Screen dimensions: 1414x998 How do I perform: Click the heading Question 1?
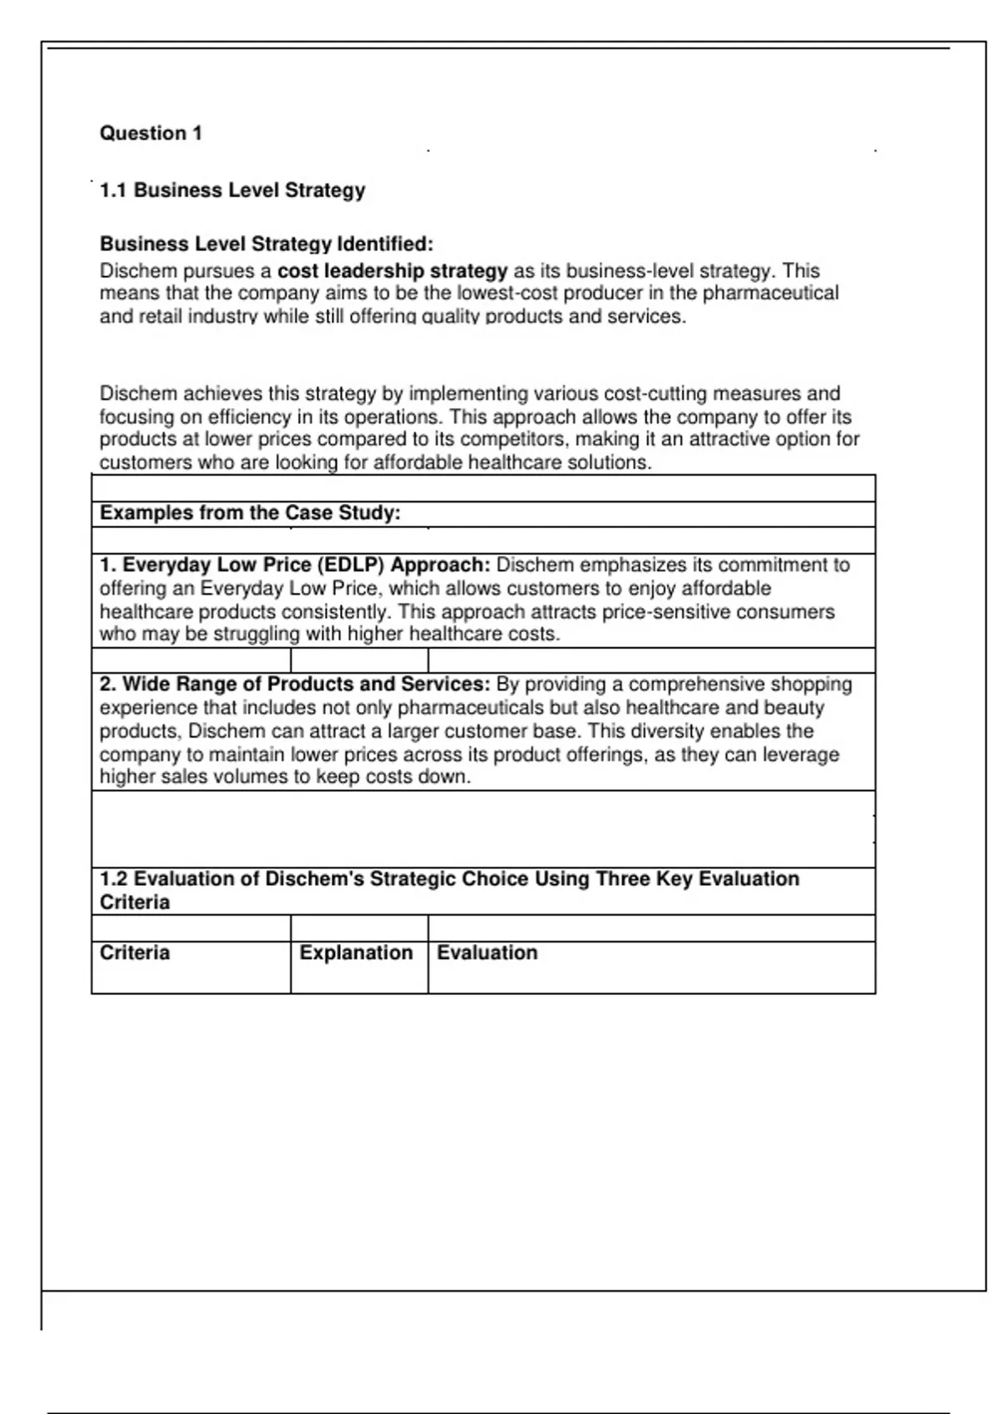point(151,133)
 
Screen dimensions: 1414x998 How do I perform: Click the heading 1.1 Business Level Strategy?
point(232,190)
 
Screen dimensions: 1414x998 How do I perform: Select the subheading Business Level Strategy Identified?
point(266,244)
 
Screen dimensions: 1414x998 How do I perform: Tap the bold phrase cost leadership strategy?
point(393,271)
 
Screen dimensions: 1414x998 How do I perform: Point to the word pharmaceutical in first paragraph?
point(771,294)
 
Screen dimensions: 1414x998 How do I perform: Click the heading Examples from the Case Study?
point(249,513)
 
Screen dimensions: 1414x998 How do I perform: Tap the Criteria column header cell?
point(135,953)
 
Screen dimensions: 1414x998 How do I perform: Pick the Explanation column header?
point(356,953)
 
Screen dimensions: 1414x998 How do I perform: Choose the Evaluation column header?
point(487,953)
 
